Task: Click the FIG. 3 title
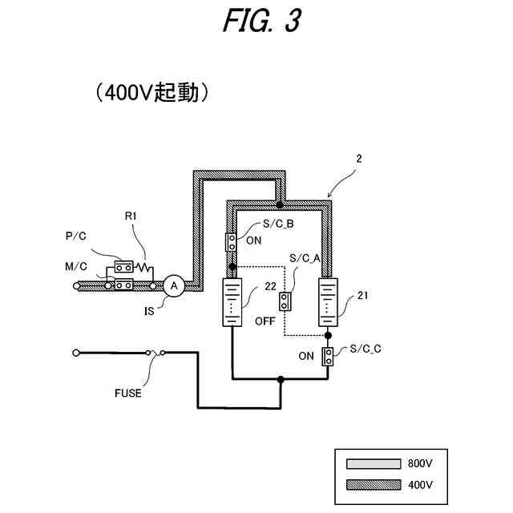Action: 261,22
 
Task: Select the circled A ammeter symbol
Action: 174,284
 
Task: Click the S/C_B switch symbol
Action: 231,240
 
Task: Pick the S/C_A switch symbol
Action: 285,301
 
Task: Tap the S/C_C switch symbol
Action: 329,357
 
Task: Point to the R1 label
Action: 131,216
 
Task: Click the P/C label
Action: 76,236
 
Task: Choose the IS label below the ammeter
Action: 150,311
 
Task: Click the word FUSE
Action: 128,393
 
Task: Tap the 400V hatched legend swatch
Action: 373,485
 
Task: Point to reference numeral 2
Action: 359,158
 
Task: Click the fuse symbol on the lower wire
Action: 153,352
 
